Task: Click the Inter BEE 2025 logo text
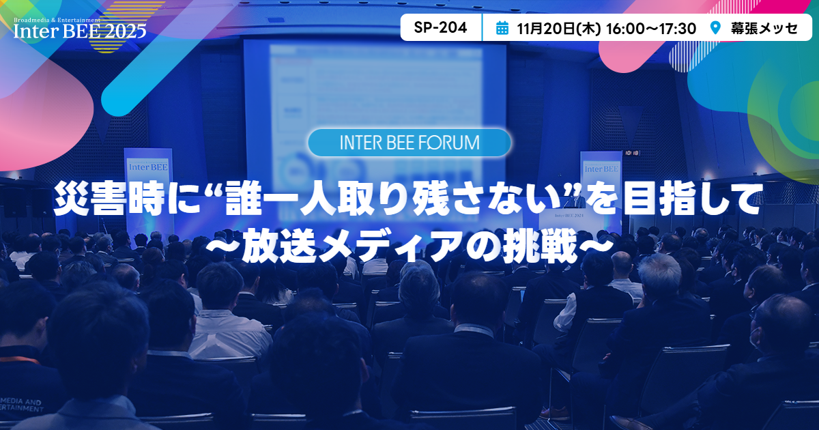pos(80,30)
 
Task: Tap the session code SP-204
pos(440,28)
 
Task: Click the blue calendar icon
pos(502,28)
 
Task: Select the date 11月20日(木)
pos(558,28)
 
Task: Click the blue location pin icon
pos(715,28)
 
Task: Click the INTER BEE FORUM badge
pos(409,143)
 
